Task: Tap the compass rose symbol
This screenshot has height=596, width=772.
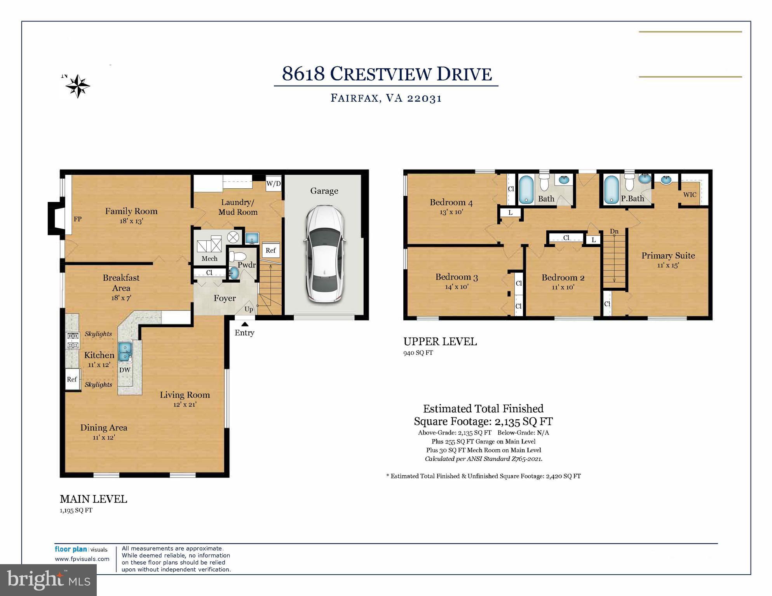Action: [78, 86]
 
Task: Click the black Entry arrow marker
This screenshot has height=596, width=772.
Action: [244, 324]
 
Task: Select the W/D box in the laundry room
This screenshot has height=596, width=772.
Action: [274, 183]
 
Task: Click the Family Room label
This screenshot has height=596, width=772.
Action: [131, 211]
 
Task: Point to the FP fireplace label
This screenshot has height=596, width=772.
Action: [78, 219]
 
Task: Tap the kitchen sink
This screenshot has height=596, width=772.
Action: [125, 351]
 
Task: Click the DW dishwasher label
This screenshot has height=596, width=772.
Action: [125, 370]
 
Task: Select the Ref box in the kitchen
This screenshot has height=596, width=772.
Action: [72, 379]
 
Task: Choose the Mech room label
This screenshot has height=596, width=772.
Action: [209, 259]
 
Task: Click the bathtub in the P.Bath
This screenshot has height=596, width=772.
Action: [611, 190]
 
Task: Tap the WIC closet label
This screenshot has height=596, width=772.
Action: [690, 195]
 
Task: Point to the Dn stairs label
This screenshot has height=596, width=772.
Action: [614, 231]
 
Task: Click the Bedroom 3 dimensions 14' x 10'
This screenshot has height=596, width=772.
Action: [457, 287]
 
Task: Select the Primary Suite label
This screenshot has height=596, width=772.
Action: [668, 255]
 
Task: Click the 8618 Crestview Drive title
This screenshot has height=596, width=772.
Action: [387, 74]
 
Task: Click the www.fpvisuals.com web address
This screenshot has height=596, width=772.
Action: [82, 559]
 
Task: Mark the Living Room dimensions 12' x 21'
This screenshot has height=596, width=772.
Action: [185, 405]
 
